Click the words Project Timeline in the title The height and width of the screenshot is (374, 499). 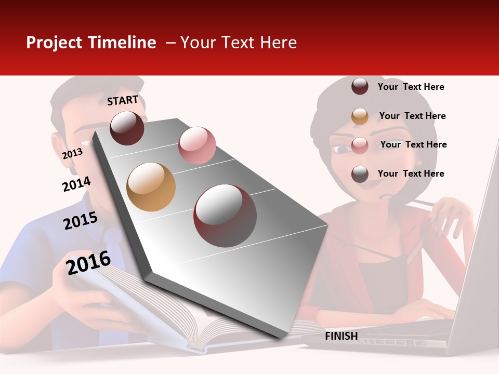[91, 43]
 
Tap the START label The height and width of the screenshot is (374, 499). [123, 100]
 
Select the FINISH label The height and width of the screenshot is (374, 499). [341, 336]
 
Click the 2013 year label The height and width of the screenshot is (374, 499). [72, 154]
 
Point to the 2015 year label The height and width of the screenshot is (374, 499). [81, 221]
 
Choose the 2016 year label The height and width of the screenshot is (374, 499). [88, 262]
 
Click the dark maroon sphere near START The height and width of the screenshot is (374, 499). [127, 128]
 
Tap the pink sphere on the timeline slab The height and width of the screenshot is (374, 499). [197, 145]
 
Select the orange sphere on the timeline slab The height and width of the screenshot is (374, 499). [151, 187]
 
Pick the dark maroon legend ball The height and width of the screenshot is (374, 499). [360, 87]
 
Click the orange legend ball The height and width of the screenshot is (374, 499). [360, 116]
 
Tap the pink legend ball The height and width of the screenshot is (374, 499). [360, 145]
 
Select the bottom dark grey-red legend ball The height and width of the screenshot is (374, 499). [360, 174]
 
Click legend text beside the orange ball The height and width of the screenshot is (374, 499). [412, 116]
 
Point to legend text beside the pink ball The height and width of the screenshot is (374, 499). [413, 144]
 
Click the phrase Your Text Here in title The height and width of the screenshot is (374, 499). [238, 43]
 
